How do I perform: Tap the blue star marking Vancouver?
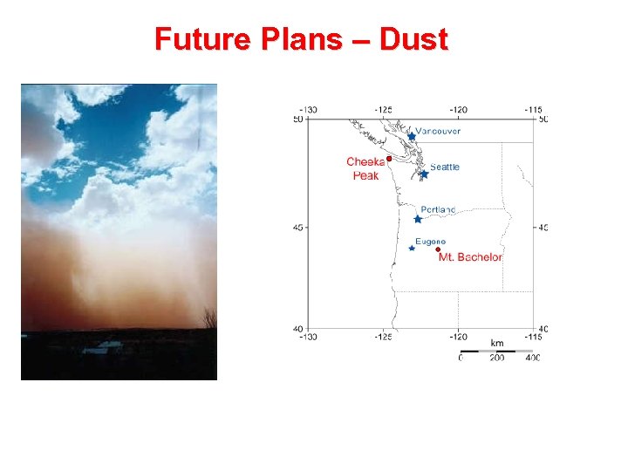412,136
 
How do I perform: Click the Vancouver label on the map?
438,131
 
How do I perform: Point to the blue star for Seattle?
424,174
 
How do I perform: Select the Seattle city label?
445,167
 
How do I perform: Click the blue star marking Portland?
418,219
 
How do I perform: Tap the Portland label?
438,210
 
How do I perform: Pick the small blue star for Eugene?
412,249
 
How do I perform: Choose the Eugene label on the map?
430,242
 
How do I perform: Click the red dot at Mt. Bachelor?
438,249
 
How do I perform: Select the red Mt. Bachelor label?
470,257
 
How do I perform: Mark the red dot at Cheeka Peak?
389,159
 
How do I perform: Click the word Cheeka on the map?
365,161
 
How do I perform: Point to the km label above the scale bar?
496,344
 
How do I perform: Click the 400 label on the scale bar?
531,358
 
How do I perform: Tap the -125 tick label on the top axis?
383,110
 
